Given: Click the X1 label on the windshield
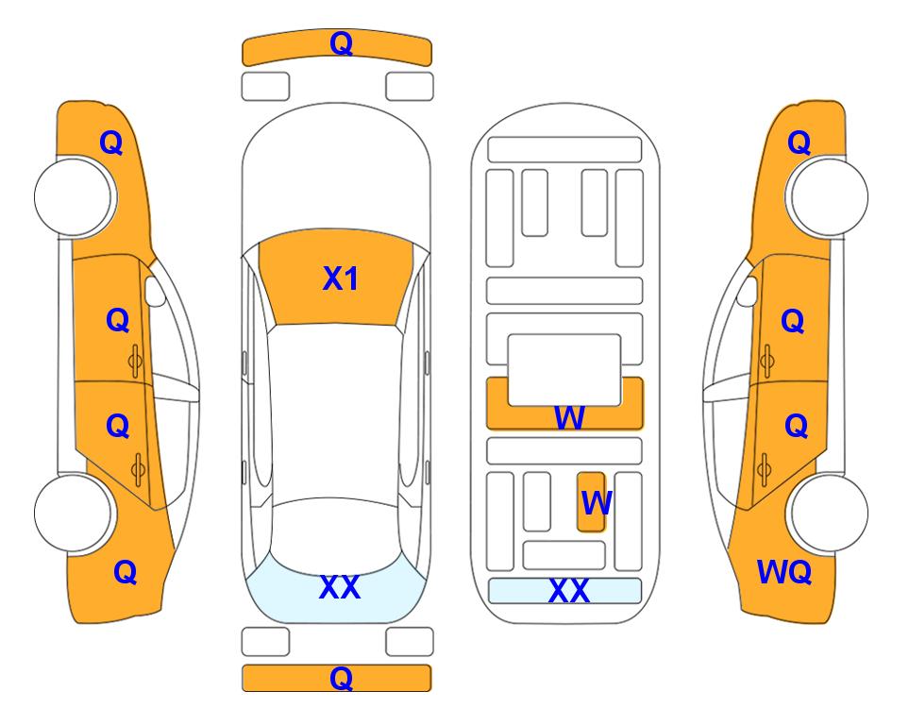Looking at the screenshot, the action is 341,278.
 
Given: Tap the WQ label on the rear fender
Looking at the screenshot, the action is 783,572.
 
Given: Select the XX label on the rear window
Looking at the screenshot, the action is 340,587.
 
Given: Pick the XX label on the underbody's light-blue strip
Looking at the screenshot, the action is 568,591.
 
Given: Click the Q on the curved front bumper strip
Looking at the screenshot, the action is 341,43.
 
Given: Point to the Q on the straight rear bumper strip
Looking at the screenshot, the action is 341,678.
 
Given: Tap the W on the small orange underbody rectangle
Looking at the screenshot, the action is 596,503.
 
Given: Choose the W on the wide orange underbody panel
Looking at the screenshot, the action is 568,417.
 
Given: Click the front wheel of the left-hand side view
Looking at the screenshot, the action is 73,197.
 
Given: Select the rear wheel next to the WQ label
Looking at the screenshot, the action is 829,513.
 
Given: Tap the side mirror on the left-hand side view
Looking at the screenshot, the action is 155,291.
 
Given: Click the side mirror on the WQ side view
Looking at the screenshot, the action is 748,291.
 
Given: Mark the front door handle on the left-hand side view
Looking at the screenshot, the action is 135,361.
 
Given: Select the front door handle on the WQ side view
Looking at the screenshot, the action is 766,361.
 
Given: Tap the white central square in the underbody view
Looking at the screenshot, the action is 564,369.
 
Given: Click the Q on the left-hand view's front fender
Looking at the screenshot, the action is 111,143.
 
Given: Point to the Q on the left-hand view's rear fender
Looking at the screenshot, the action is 125,572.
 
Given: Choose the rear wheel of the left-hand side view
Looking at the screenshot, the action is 73,513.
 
